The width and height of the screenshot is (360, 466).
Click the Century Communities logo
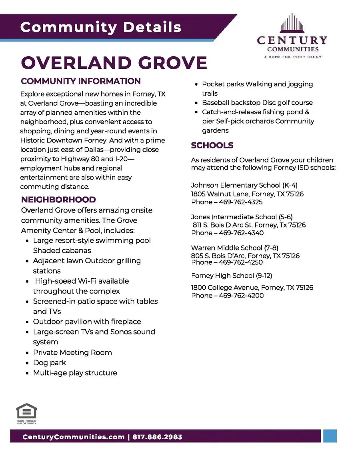[x=292, y=36]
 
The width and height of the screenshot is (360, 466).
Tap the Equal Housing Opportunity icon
[x=26, y=413]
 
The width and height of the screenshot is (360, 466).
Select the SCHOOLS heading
[x=212, y=145]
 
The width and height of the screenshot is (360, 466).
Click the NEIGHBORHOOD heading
[x=58, y=200]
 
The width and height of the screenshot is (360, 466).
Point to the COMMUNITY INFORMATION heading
[x=81, y=81]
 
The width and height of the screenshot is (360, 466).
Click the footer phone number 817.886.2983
[x=157, y=437]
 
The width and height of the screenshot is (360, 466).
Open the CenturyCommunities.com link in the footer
[x=73, y=437]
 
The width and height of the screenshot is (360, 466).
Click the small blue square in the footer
[x=330, y=436]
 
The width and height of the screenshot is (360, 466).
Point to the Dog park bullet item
[x=50, y=363]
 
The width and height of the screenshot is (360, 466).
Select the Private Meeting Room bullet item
[x=72, y=352]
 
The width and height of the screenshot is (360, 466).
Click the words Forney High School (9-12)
[x=232, y=276]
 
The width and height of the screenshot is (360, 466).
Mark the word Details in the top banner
[x=152, y=27]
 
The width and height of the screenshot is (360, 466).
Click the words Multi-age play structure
[x=75, y=373]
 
